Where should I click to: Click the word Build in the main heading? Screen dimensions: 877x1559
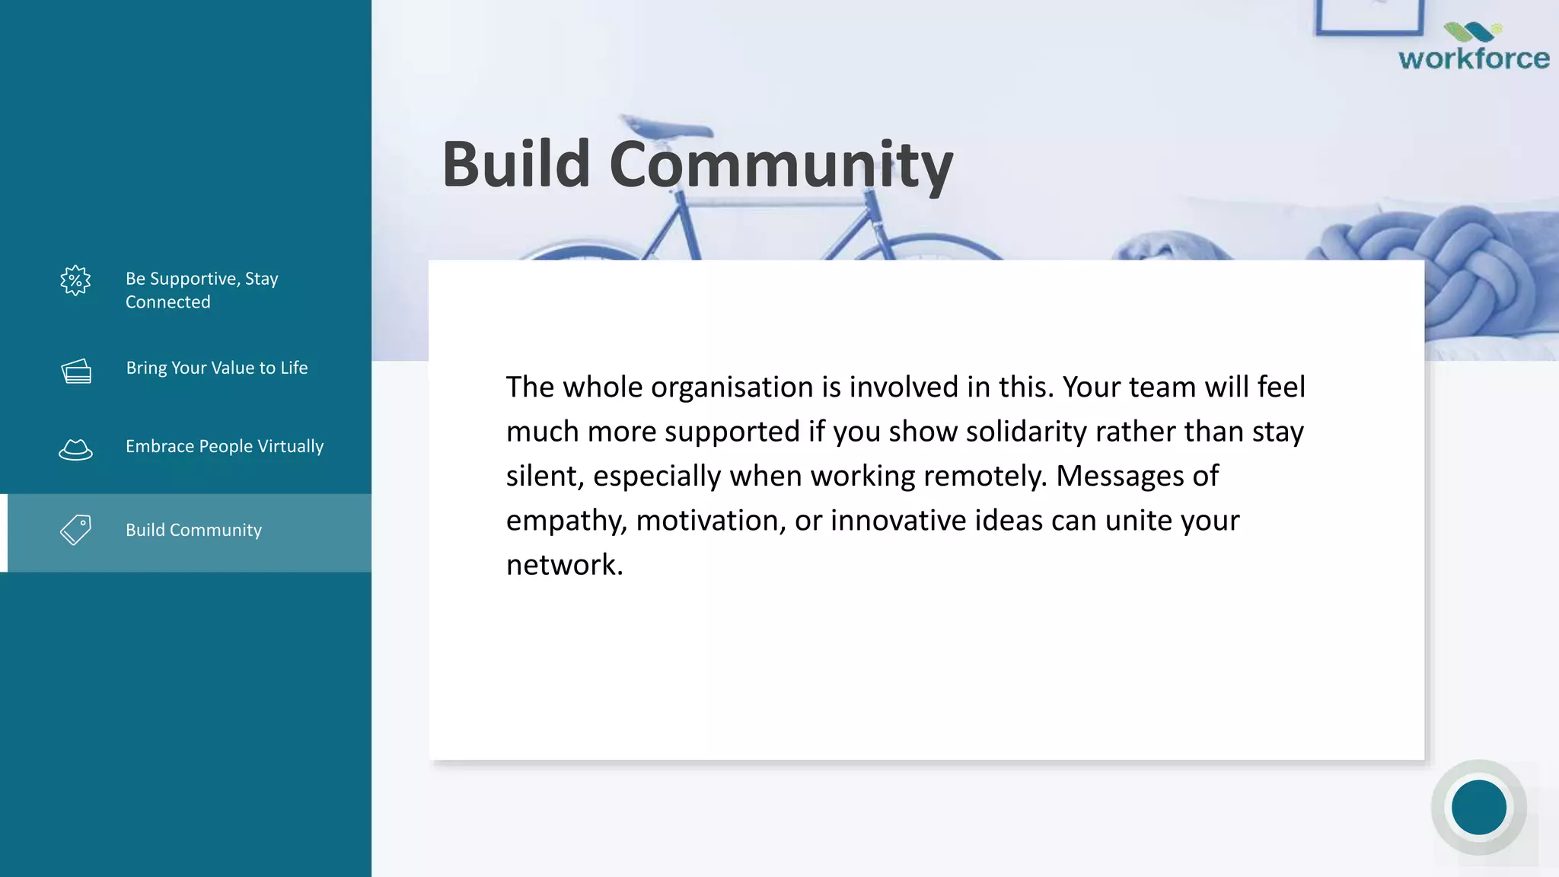[516, 164]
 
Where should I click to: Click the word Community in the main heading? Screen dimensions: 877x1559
[780, 166]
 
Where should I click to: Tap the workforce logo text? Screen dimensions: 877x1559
[1473, 59]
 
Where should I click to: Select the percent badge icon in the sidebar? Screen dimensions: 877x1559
[75, 281]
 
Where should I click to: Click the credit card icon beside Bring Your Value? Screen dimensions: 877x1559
[76, 371]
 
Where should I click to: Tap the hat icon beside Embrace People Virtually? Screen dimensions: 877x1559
[75, 449]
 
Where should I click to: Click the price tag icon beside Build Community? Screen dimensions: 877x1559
[75, 529]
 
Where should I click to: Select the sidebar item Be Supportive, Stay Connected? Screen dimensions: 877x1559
[202, 290]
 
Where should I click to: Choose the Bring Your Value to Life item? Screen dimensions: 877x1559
[216, 368]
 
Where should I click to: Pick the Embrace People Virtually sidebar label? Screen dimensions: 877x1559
[225, 446]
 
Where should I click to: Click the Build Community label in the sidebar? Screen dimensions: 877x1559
[193, 530]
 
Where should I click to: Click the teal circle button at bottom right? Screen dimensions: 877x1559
[1478, 807]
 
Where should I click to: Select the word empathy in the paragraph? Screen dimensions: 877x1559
[566, 521]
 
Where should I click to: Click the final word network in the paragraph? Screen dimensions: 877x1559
[563, 565]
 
